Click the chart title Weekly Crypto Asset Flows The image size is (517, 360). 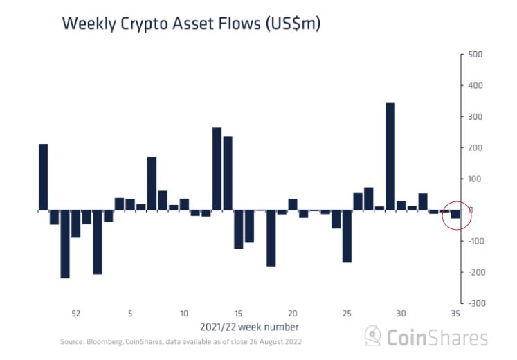click(x=191, y=23)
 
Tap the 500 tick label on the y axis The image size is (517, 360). click(x=475, y=55)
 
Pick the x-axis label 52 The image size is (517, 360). click(x=76, y=313)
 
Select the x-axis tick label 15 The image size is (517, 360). click(x=238, y=313)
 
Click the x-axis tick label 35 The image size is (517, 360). click(x=455, y=313)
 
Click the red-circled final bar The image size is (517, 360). click(x=455, y=214)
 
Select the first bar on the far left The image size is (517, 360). click(x=44, y=177)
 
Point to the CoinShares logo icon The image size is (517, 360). click(x=373, y=336)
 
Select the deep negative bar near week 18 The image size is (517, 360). click(x=271, y=237)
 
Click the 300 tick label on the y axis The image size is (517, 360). click(x=475, y=117)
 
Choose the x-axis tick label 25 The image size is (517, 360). click(x=347, y=313)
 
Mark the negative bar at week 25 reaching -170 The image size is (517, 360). click(x=347, y=236)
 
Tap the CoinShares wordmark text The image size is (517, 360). click(x=436, y=337)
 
